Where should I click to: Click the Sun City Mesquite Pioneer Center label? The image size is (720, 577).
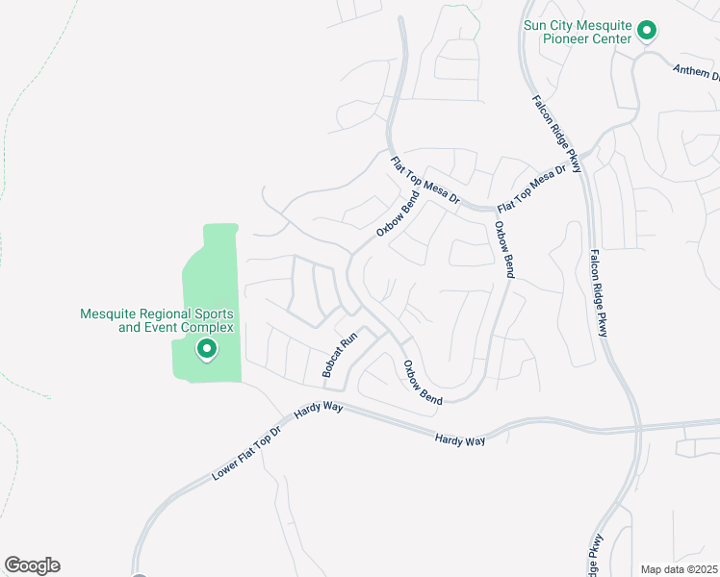coord(578,32)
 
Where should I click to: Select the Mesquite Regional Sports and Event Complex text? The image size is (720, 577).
coord(156,321)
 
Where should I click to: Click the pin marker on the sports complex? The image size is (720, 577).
coord(206,350)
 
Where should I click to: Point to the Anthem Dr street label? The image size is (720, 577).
coord(695,71)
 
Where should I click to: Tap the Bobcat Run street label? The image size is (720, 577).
coord(340,355)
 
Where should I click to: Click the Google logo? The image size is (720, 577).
coord(32,565)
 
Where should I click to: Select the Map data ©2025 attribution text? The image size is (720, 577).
coord(679,569)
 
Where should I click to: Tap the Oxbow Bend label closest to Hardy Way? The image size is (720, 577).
coord(422,382)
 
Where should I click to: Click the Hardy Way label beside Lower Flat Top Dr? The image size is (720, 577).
coord(319,410)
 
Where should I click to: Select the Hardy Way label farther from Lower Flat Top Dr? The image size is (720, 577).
coord(459,439)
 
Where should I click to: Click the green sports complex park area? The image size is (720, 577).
coord(207,288)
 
